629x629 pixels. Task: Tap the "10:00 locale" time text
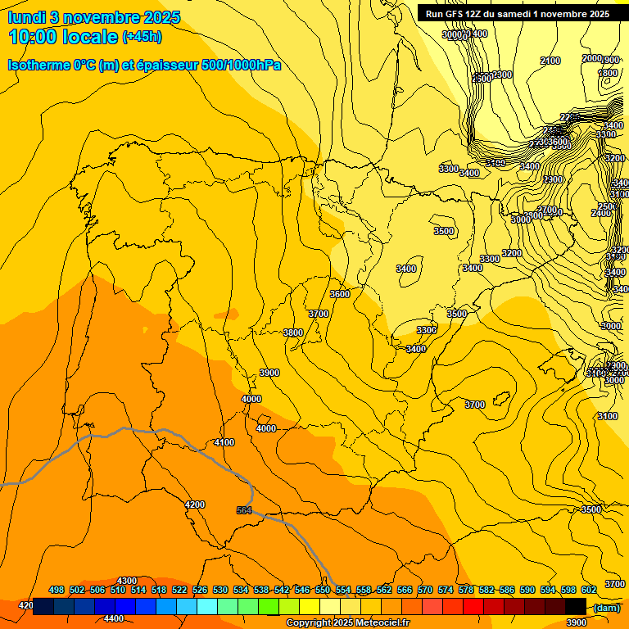tap(63, 36)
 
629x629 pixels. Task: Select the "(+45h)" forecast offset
tap(142, 37)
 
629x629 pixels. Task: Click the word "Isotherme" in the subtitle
tap(38, 65)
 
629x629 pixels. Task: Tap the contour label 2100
tap(550, 61)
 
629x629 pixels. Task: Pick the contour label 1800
tap(608, 73)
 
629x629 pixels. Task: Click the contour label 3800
tap(292, 333)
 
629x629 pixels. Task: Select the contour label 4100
tap(224, 442)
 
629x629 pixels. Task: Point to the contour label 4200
tap(195, 505)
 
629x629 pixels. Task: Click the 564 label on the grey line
tap(244, 510)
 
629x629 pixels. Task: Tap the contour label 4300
tap(127, 581)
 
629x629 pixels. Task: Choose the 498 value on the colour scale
tap(57, 590)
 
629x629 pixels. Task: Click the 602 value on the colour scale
tap(589, 590)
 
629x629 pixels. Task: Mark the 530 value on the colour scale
tap(220, 590)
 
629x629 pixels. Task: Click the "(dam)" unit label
tap(605, 608)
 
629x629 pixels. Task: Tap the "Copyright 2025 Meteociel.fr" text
tap(347, 623)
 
